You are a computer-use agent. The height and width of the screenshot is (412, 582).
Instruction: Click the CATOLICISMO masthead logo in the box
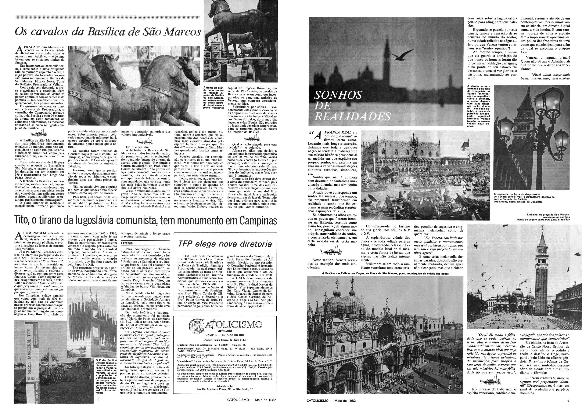225,324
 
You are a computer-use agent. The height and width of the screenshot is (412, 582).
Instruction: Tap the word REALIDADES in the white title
352,116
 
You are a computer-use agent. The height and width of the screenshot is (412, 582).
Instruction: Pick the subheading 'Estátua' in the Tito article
127,243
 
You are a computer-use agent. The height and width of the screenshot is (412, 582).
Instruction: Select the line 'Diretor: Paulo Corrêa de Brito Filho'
225,339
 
